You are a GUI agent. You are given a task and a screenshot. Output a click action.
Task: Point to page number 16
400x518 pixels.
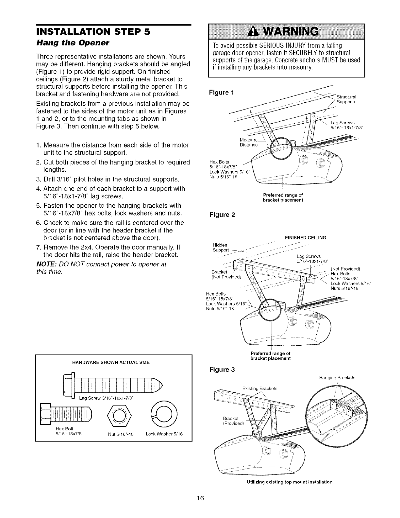click(x=200, y=498)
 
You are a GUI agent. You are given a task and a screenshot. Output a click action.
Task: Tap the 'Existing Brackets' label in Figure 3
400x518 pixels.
click(x=260, y=388)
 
